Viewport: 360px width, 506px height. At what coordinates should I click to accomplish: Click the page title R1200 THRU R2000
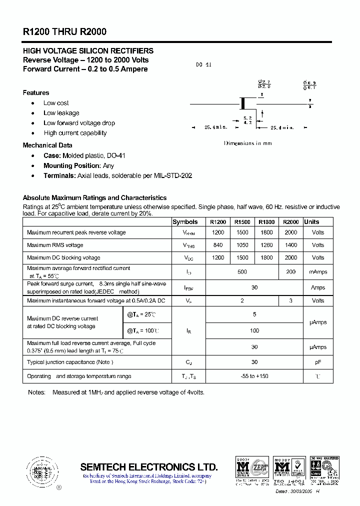click(x=64, y=31)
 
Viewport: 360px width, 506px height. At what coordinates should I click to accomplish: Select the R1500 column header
click(x=242, y=222)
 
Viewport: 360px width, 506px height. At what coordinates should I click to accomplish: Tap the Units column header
click(x=311, y=222)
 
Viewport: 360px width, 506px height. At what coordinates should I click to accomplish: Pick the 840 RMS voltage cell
click(x=218, y=245)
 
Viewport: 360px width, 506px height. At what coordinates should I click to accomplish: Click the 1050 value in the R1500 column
click(x=242, y=245)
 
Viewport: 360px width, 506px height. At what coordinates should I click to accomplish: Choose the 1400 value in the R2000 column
click(x=290, y=245)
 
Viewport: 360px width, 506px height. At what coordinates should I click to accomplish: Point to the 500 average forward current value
click(x=242, y=272)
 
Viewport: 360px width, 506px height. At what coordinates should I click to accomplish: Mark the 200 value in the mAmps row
click(x=290, y=272)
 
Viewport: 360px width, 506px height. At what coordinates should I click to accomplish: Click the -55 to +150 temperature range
click(x=254, y=376)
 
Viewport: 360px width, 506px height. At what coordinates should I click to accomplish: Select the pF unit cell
click(x=318, y=362)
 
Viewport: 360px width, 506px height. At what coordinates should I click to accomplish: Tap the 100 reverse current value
click(x=254, y=330)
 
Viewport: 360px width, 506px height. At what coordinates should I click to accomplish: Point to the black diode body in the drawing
click(x=243, y=103)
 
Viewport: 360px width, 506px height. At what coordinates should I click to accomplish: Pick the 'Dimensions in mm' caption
click(x=248, y=143)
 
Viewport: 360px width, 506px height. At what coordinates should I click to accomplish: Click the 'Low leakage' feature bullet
click(x=61, y=113)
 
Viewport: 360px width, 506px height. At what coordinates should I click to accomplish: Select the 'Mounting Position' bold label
click(x=72, y=165)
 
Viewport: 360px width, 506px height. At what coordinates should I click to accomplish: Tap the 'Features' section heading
click(x=36, y=92)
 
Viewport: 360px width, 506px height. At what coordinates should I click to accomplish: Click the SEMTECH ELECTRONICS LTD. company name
click(x=149, y=467)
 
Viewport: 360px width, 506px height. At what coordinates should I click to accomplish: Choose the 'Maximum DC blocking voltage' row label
click(x=63, y=258)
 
